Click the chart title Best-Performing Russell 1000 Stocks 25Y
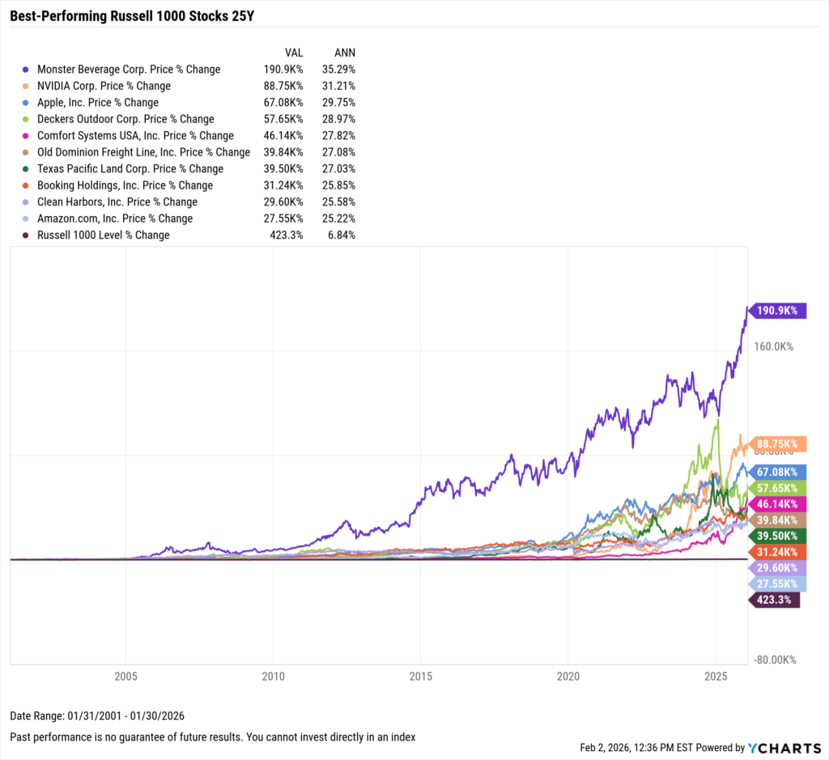(131, 15)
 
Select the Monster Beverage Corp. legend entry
(129, 70)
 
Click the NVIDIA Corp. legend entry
(104, 86)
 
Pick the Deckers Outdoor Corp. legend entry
(125, 119)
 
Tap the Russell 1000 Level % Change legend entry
(104, 235)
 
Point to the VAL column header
(294, 52)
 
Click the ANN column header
(344, 52)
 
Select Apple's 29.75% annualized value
(339, 103)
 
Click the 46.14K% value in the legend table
(283, 136)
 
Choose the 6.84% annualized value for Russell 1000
(342, 235)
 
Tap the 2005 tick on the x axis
(125, 675)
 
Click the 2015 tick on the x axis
(420, 675)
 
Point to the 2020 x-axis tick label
(568, 675)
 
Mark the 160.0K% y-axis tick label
(774, 346)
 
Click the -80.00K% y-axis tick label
(774, 660)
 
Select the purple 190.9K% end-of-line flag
(778, 311)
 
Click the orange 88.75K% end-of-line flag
(778, 444)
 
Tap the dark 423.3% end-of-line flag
(775, 600)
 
